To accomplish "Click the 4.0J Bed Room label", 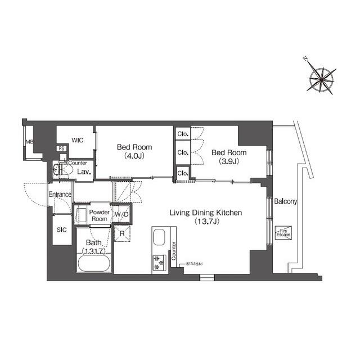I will pos(134,151).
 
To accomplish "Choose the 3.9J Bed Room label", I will pos(229,156).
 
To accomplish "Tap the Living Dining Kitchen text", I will pos(206,217).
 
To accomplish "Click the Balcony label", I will pos(286,201).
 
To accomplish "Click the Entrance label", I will pos(60,195).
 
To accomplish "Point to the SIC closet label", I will pos(61,230).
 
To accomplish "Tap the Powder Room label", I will pos(99,215).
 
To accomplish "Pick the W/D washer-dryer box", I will pos(121,214).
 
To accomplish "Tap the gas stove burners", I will pos(158,262).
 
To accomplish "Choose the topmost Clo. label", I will pos(182,134).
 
